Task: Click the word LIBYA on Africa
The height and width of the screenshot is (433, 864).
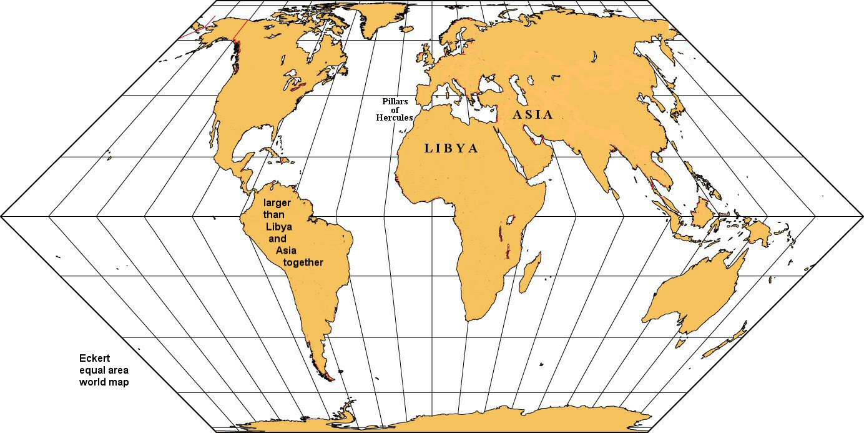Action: [451, 149]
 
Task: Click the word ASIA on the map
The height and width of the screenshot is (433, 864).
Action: [533, 114]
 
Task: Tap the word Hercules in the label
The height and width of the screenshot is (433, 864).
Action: [394, 117]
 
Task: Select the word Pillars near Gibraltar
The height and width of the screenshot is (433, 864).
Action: [395, 101]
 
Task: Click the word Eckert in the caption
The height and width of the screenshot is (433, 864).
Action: [94, 359]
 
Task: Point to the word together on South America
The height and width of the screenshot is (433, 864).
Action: [303, 262]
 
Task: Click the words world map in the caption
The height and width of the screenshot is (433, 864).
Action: [104, 382]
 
